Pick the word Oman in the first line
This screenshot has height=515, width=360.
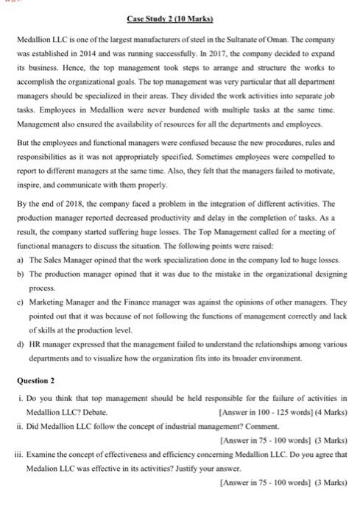point(316,38)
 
